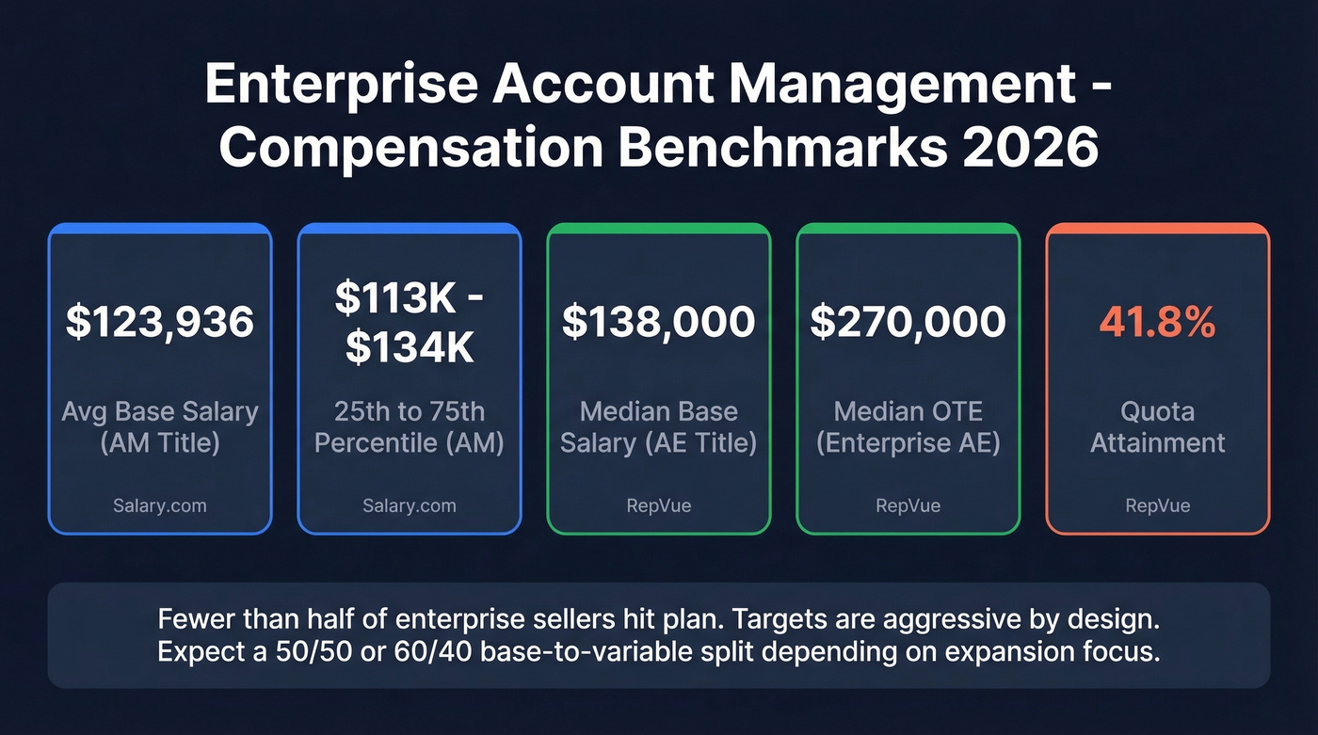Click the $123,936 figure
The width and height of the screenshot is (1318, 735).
(x=160, y=323)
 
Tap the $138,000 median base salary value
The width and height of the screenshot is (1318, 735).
(x=659, y=323)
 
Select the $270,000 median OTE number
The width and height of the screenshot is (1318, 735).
(x=908, y=323)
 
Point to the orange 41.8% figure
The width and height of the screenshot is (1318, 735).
(x=1157, y=323)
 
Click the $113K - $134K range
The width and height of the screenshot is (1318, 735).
(x=410, y=323)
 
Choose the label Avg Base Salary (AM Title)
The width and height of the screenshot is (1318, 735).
(x=160, y=427)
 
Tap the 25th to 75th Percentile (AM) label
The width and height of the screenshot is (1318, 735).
(x=410, y=427)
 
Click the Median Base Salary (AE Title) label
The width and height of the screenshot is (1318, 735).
(x=659, y=427)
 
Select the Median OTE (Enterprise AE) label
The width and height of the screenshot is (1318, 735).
(x=908, y=427)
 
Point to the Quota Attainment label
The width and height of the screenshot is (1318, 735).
(x=1157, y=427)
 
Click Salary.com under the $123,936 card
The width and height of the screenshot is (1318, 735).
(x=160, y=505)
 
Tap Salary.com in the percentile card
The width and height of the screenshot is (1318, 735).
(x=410, y=505)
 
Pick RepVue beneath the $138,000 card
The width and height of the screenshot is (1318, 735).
(x=659, y=505)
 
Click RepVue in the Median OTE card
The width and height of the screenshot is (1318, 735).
(x=908, y=505)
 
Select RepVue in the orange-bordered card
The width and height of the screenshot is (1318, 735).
(x=1157, y=505)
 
